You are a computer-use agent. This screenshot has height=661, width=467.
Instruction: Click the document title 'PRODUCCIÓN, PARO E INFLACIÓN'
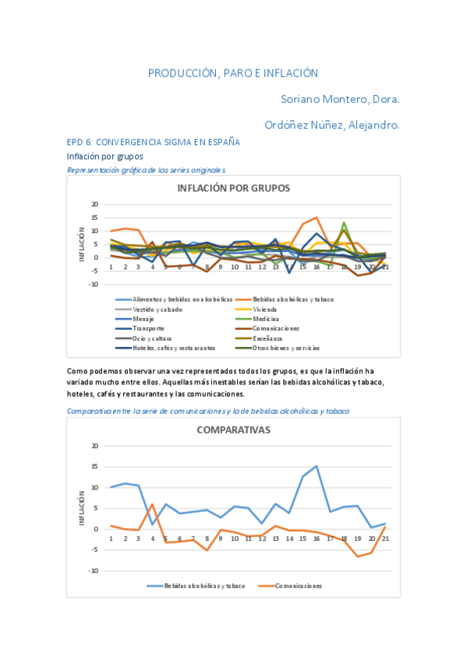[233, 73]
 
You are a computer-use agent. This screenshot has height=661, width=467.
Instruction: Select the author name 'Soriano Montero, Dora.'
[340, 99]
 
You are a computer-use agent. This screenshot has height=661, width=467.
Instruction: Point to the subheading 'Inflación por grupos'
[104, 156]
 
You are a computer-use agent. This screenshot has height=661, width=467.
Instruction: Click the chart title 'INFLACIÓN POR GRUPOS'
[233, 188]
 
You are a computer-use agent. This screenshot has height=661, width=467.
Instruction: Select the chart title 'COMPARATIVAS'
[233, 429]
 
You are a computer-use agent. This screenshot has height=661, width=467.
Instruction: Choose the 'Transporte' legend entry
[148, 329]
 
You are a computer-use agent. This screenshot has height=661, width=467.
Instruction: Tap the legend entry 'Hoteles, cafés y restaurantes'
[173, 348]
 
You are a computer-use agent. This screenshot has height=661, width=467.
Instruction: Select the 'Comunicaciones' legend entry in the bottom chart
[297, 585]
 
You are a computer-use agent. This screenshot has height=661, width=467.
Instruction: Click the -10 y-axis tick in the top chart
[94, 285]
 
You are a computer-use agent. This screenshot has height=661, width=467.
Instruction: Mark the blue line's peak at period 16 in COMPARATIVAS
[317, 466]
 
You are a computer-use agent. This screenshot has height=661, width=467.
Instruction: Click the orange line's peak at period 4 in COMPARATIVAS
[153, 504]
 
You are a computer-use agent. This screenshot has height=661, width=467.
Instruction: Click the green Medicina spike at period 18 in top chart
[344, 223]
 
